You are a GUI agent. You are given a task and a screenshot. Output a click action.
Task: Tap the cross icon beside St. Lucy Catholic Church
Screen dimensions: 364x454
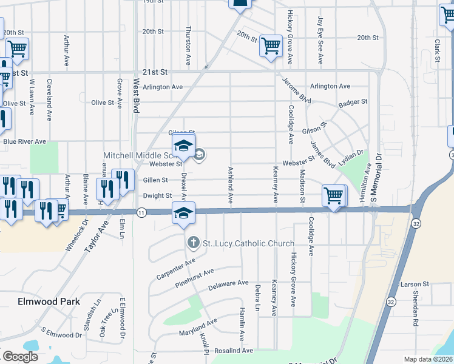click(x=194, y=243)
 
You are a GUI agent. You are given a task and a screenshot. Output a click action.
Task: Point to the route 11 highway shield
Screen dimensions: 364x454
click(x=141, y=212)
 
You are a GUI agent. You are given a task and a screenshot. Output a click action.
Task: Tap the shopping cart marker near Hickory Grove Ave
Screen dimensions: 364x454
click(x=271, y=45)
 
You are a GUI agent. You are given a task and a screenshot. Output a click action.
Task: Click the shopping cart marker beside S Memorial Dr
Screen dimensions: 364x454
click(x=334, y=196)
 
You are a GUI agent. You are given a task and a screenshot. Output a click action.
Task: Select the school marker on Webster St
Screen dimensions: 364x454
click(x=183, y=146)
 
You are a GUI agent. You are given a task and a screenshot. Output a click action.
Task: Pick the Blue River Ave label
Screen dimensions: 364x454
click(x=24, y=141)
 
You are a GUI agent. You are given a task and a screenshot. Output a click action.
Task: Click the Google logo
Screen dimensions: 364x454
click(x=20, y=357)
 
